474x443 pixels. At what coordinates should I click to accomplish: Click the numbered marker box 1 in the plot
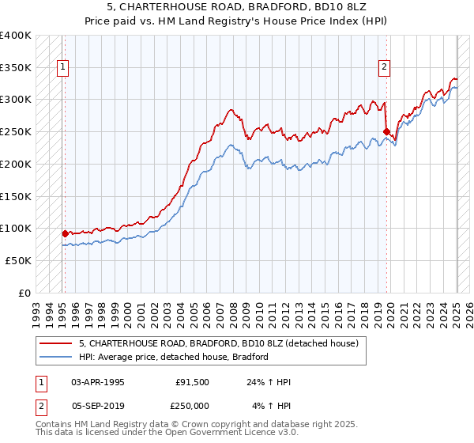point(62,68)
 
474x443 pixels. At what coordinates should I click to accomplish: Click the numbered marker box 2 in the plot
point(384,68)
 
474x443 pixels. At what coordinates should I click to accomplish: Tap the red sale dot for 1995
point(65,233)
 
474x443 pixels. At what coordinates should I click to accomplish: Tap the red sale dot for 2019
point(386,131)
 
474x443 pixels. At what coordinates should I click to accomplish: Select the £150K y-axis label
point(15,196)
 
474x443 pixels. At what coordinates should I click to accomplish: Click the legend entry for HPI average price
point(174,357)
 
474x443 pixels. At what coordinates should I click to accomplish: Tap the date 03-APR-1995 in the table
point(98,382)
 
